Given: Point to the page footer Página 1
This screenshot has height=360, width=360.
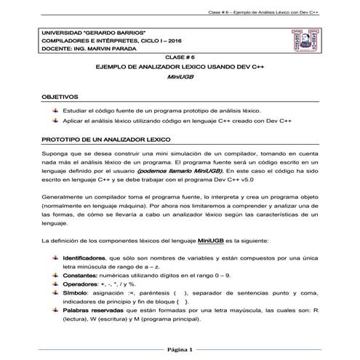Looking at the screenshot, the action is pyautogui.click(x=179, y=350).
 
